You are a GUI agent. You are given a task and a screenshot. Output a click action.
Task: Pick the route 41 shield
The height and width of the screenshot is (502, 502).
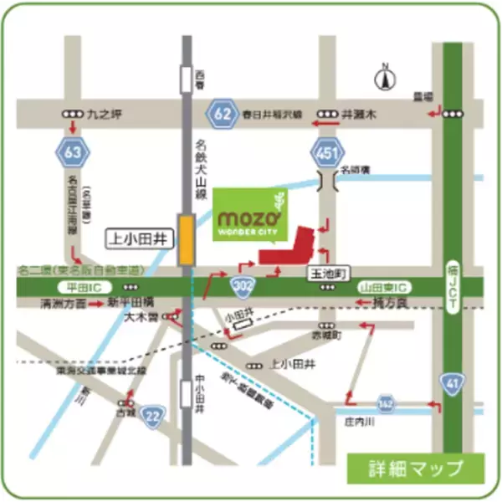[x=452, y=383]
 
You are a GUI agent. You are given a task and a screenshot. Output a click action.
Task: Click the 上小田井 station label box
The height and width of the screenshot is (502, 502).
[x=138, y=238]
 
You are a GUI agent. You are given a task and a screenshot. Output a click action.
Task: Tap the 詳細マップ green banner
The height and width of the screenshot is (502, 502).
[x=415, y=466]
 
